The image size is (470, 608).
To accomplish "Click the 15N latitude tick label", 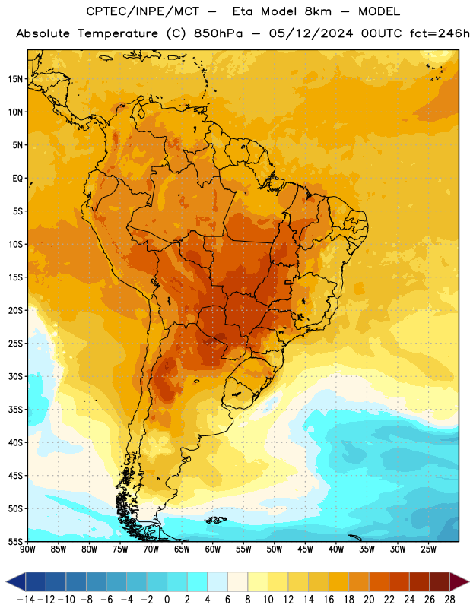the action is click(x=15, y=79).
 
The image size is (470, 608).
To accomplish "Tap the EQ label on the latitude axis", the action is click(x=17, y=179).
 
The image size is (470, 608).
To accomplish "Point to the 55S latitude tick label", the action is click(x=15, y=541).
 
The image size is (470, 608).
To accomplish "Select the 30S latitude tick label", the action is click(x=15, y=376).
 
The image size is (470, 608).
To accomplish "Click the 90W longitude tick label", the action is click(x=27, y=549).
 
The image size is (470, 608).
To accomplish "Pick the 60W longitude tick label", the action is click(x=213, y=549).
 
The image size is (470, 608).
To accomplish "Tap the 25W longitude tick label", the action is click(x=428, y=549).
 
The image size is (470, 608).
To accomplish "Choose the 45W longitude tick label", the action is click(x=305, y=549).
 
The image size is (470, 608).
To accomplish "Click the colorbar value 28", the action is click(x=449, y=600).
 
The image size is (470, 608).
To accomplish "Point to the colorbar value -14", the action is click(x=26, y=600).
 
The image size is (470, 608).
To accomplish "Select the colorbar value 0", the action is click(x=167, y=600).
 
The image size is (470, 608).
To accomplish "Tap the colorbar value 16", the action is click(x=329, y=600).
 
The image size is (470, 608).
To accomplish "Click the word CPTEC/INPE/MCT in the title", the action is click(x=142, y=12).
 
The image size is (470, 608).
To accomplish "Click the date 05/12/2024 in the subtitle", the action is click(x=311, y=33).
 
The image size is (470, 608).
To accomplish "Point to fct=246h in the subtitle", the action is click(x=440, y=33).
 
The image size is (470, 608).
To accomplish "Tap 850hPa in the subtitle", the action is click(x=218, y=33).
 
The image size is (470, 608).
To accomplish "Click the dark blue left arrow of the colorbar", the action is click(x=16, y=581).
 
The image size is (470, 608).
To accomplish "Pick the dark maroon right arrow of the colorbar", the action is click(x=460, y=581).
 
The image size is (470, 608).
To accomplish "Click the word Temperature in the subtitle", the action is click(x=118, y=34).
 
